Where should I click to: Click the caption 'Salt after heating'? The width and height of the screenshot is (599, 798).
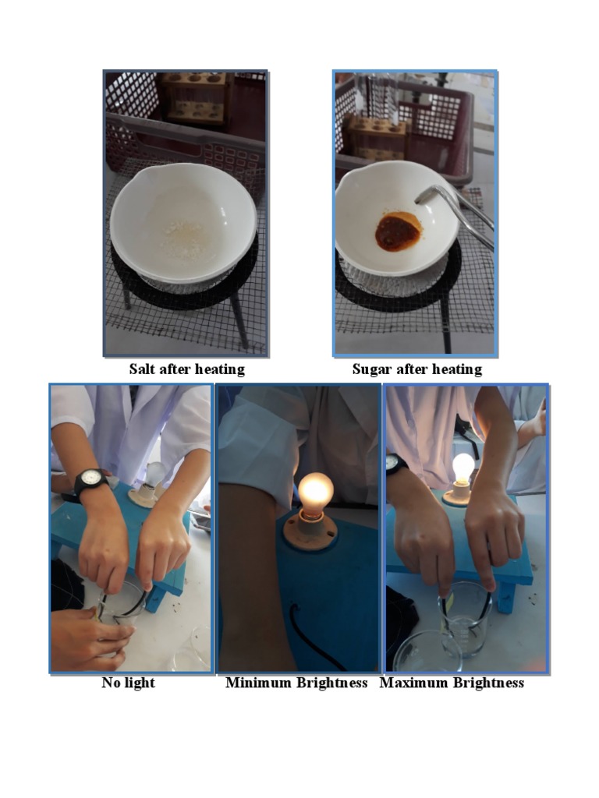[x=186, y=369]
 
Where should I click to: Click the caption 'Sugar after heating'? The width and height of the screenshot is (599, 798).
[x=416, y=369]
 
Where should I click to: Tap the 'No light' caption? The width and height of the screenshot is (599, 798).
[x=128, y=683]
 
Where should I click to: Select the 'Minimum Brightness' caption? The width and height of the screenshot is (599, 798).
[x=296, y=683]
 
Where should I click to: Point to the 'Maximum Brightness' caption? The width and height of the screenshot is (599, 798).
[x=452, y=683]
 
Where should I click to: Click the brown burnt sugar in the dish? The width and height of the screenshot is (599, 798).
[x=397, y=232]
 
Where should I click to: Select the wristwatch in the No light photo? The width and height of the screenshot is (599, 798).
[x=91, y=479]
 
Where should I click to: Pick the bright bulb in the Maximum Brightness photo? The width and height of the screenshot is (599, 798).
[x=463, y=468]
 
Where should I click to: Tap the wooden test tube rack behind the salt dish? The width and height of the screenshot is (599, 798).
[x=195, y=97]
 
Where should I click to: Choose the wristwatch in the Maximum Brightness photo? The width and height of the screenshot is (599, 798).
[x=395, y=464]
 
